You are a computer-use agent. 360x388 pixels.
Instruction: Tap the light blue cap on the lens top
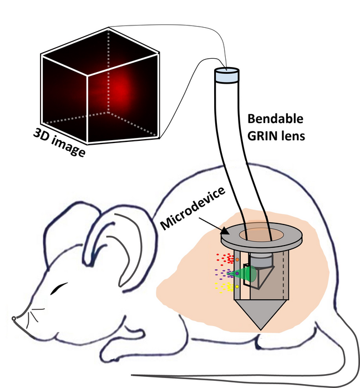tap(226, 75)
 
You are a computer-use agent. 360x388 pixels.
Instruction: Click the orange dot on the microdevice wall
tap(237, 259)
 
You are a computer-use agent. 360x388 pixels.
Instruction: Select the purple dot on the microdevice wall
tap(237, 273)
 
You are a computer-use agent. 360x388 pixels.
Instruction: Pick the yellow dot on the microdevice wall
tap(237, 287)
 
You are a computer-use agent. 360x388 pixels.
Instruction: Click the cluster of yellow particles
tap(224, 287)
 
